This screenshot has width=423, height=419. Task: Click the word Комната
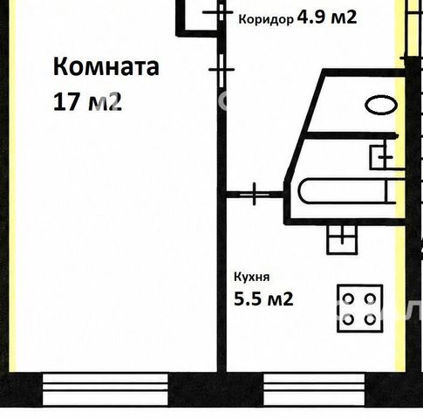click(x=106, y=67)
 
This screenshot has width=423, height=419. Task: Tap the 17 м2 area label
click(x=87, y=101)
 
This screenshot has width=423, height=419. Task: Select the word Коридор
click(x=266, y=20)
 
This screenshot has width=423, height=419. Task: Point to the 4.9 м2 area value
click(x=326, y=17)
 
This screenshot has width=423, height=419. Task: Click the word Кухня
click(x=252, y=278)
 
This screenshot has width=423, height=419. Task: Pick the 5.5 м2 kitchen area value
click(x=263, y=299)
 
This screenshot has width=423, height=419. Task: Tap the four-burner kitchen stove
click(x=360, y=308)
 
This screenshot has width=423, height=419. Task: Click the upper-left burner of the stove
click(x=348, y=299)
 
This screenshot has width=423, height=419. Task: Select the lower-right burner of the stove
click(x=370, y=319)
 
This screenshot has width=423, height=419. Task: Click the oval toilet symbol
click(x=381, y=105)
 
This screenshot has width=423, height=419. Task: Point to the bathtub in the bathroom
click(x=347, y=191)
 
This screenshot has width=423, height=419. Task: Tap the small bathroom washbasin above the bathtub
click(x=383, y=157)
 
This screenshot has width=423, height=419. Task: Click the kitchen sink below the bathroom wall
click(x=342, y=240)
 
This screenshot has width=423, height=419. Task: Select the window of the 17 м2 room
click(x=106, y=390)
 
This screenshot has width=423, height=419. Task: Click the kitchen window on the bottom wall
click(x=314, y=390)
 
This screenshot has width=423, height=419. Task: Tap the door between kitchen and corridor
click(x=255, y=194)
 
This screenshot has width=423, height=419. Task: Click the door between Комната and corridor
click(x=222, y=70)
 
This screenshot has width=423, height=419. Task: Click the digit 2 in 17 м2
click(x=116, y=101)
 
